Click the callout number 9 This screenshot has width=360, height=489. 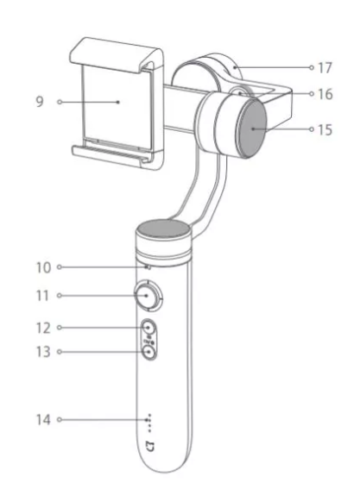(40, 102)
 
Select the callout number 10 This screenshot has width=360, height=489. (43, 267)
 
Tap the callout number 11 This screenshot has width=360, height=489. (43, 296)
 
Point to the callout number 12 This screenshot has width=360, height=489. (43, 328)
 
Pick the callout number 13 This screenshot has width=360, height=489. (43, 352)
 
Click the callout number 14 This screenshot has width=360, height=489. (43, 420)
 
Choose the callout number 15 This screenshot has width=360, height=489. (325, 129)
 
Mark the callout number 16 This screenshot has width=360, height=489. (325, 94)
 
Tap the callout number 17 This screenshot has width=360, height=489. (325, 67)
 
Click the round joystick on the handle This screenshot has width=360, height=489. (147, 296)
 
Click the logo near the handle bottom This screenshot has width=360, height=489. (150, 447)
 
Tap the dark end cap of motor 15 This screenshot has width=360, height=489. (252, 129)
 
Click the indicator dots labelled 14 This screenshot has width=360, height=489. (149, 423)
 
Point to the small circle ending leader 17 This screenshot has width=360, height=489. (312, 67)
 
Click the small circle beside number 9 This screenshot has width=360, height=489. (60, 102)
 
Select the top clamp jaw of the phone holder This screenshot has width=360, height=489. (116, 55)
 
